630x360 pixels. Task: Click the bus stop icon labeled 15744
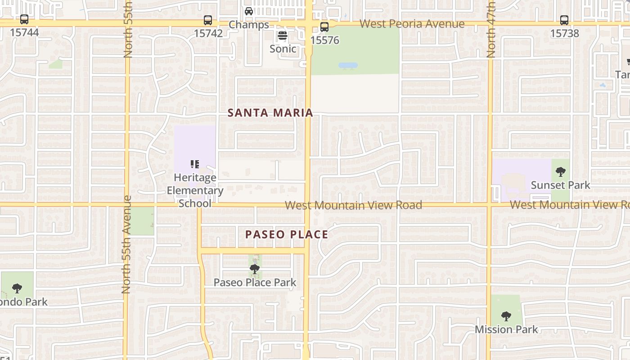click(24, 20)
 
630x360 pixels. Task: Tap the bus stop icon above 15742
click(207, 20)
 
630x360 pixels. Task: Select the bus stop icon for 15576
click(324, 27)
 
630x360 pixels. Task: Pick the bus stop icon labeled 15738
click(564, 20)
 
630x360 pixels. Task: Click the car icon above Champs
click(249, 11)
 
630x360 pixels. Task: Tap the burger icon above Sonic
click(283, 36)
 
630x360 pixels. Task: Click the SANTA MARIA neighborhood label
click(270, 112)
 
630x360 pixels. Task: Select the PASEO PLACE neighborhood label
click(287, 234)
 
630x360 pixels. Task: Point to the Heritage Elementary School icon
click(195, 164)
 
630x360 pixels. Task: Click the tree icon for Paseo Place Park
click(255, 269)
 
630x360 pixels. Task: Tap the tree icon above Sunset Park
click(560, 171)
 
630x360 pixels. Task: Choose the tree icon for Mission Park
click(506, 316)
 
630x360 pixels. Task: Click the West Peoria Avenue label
click(412, 24)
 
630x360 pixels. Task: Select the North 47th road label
click(491, 29)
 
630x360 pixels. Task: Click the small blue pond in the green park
click(348, 66)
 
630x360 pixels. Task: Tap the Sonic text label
click(283, 49)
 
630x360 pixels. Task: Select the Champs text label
click(249, 25)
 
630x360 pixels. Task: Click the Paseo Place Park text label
click(255, 283)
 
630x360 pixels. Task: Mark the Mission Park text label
click(506, 329)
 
